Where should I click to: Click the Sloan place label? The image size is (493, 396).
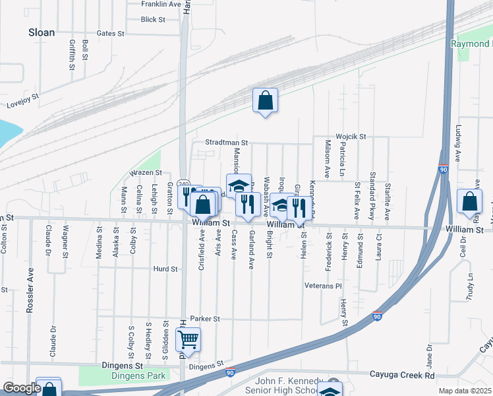(41, 32)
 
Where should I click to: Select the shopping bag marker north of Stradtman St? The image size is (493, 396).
(265, 101)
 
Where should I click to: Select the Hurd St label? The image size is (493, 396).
(165, 269)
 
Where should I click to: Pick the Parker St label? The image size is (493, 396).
(204, 319)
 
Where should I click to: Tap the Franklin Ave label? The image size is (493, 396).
(161, 4)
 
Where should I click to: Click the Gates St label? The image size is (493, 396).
(110, 33)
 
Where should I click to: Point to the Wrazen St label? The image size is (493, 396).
(146, 172)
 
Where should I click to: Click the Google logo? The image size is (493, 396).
(22, 389)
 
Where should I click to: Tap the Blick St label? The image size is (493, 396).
(153, 20)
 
